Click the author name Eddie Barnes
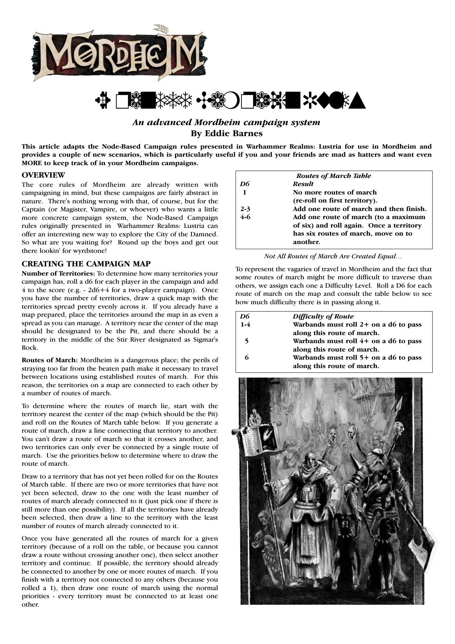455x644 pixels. point(226,133)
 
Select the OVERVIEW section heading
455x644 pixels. point(43,175)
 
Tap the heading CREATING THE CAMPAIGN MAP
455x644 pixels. point(86,264)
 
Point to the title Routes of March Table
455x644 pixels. point(334,176)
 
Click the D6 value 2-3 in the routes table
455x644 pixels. point(245,209)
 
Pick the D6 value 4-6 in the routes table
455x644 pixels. point(245,217)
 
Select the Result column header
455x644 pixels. point(303,184)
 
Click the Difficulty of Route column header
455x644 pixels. point(323,316)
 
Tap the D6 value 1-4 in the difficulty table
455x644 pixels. point(246,324)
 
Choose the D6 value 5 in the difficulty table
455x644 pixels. point(247,341)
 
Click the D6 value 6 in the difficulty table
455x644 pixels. point(247,357)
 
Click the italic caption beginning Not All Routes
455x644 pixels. point(333,256)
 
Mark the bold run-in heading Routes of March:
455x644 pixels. point(50,360)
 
